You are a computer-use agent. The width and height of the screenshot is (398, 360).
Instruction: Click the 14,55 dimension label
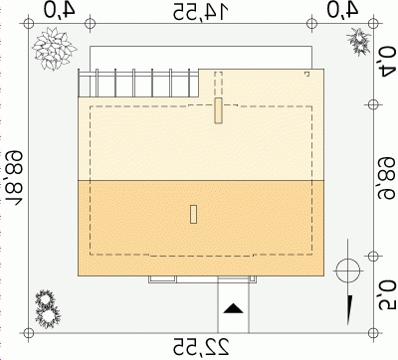pyautogui.click(x=201, y=12)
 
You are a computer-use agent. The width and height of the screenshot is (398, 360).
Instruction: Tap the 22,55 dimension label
pyautogui.click(x=201, y=347)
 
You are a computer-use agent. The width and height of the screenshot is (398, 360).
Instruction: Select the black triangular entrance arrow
pyautogui.click(x=234, y=308)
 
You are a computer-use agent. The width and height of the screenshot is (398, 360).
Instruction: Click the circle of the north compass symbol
pyautogui.click(x=347, y=270)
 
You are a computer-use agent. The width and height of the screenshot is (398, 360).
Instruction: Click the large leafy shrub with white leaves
pyautogui.click(x=54, y=49)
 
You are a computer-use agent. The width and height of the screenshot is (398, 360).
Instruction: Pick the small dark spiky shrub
pyautogui.click(x=359, y=41)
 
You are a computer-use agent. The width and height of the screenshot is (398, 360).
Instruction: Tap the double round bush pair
pyautogui.click(x=47, y=309)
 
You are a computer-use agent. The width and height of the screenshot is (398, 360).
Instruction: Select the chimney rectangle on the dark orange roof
pyautogui.click(x=193, y=214)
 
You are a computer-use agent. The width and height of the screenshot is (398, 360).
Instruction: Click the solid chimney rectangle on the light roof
pyautogui.click(x=218, y=110)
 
